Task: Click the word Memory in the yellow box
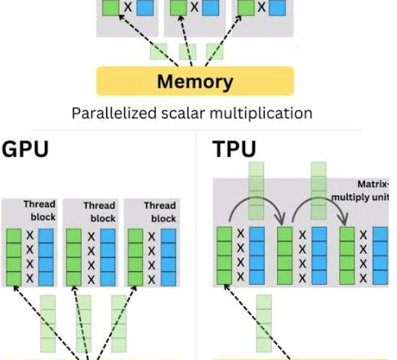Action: [x=195, y=82]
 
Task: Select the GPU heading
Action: [x=25, y=149]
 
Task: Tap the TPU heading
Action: [x=234, y=149]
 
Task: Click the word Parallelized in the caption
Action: [x=114, y=113]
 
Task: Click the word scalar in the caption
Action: [x=183, y=113]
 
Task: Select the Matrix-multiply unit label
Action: [x=360, y=190]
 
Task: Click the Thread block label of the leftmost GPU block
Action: [x=39, y=211]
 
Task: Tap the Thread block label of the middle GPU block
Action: [x=100, y=211]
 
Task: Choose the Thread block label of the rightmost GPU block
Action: [x=160, y=211]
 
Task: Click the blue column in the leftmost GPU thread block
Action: [x=46, y=257]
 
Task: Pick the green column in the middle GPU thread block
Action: [x=74, y=257]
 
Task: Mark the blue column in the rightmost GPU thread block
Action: [x=168, y=257]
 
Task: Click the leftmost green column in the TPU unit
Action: [x=225, y=256]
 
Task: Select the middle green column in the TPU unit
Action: [x=285, y=256]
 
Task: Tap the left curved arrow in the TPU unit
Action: [x=256, y=198]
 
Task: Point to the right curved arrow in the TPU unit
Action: [x=319, y=198]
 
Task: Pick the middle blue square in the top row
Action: [x=211, y=7]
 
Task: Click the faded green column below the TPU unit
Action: [x=264, y=323]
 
